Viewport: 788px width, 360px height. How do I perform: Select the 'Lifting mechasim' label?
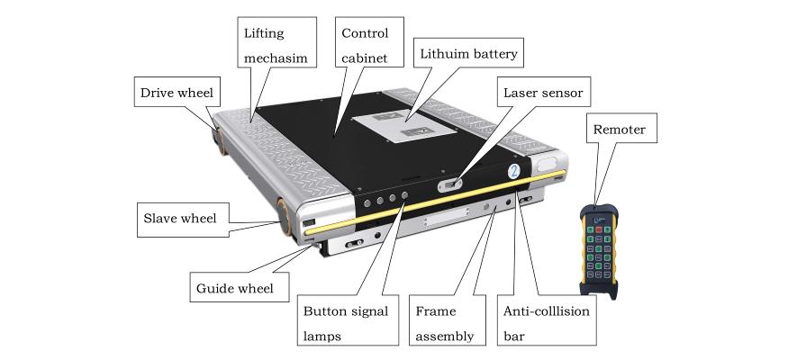pyautogui.click(x=276, y=45)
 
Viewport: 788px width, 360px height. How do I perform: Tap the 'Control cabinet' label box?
pyautogui.click(x=365, y=45)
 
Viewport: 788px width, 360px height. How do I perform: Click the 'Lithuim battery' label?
pyautogui.click(x=468, y=54)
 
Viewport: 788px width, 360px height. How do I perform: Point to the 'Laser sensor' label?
pyautogui.click(x=542, y=92)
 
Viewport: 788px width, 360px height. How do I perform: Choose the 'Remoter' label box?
pyautogui.click(x=618, y=130)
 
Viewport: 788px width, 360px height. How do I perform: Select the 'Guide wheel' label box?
pyautogui.click(x=240, y=290)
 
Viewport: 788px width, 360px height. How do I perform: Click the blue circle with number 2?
pyautogui.click(x=512, y=169)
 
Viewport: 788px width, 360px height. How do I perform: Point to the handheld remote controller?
pyautogui.click(x=597, y=247)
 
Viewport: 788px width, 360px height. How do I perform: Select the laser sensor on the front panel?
pyautogui.click(x=448, y=185)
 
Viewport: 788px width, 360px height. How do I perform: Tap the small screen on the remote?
pyautogui.click(x=599, y=216)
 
